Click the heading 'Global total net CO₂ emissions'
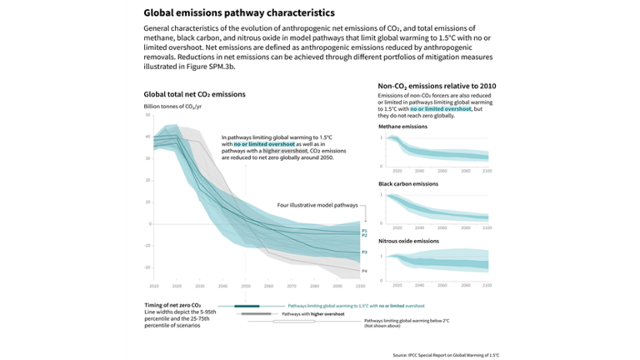[x=195, y=95]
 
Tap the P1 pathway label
[x=364, y=229]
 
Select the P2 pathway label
[x=364, y=236]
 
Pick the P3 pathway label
[x=364, y=252]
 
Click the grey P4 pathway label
[x=364, y=271]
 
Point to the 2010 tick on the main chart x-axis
[x=153, y=286]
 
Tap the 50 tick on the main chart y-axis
[x=147, y=115]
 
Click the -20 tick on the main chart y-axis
[x=147, y=267]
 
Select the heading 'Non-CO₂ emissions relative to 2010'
[x=437, y=87]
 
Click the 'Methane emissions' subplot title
[x=405, y=127]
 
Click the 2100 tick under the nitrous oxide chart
[x=487, y=285]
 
